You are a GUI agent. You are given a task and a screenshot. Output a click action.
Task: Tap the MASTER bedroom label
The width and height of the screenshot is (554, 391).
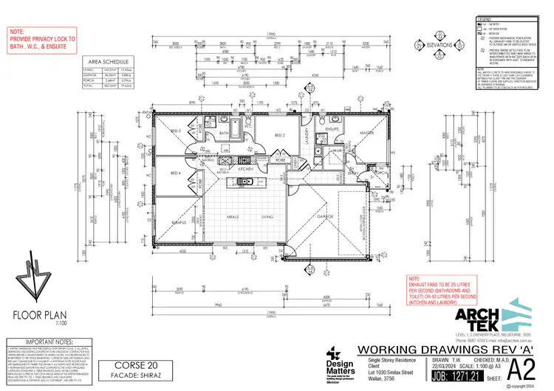[365, 134]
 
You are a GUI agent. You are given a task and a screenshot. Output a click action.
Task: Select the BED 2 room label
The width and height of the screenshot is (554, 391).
[280, 136]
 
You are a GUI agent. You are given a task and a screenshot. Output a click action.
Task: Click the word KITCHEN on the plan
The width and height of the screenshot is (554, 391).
[245, 169]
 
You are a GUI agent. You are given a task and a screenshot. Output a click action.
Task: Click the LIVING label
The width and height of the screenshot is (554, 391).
[268, 217]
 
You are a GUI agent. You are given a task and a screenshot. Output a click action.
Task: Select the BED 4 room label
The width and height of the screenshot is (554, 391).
[176, 173]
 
